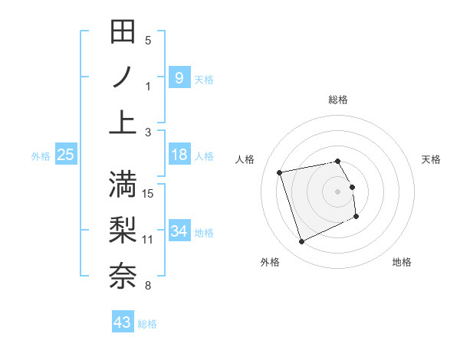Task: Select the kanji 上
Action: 123,123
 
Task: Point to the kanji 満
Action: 123,184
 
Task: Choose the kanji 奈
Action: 123,276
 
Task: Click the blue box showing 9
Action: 179,78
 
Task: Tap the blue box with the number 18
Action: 179,155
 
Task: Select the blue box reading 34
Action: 179,231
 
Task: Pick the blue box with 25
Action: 65,155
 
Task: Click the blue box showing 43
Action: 123,322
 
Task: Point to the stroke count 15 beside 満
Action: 149,193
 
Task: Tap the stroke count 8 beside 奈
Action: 148,286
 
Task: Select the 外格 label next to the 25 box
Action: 41,156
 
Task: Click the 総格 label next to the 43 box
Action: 147,324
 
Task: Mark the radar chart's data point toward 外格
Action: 301,242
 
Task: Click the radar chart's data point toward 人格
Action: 280,172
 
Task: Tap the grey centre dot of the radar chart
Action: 337,191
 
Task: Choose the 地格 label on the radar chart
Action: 402,262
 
